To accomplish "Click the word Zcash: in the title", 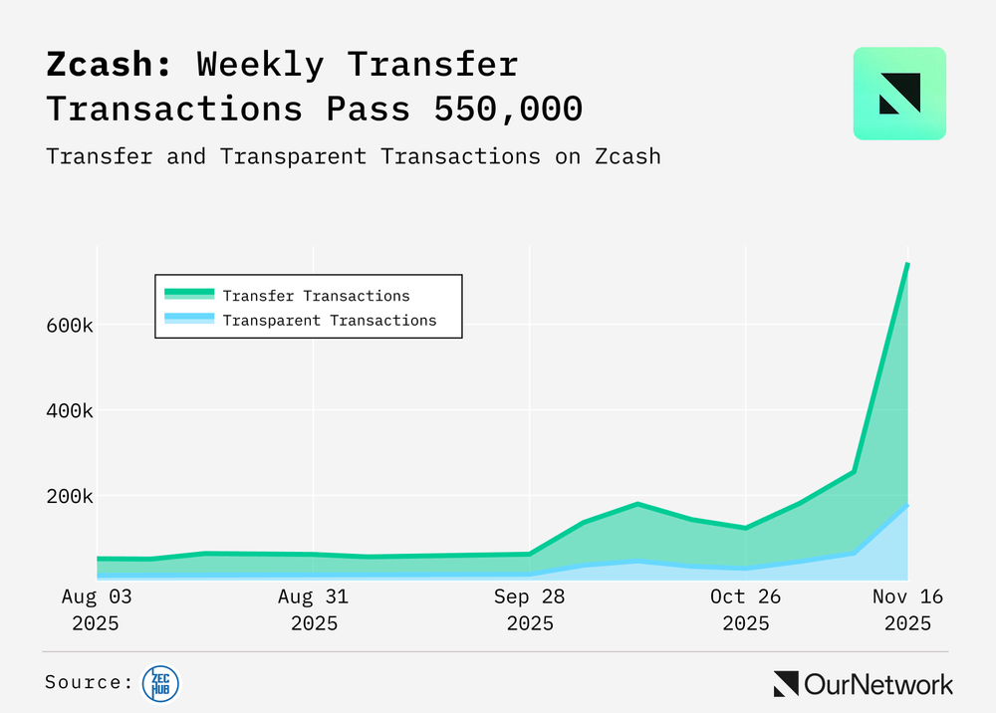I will coord(110,66).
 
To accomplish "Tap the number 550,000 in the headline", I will coord(508,107).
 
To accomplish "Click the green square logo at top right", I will coord(899,93).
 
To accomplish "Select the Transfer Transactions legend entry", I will coord(316,296).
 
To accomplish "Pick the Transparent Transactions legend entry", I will coord(329,321).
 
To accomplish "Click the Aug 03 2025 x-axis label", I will coord(96,609).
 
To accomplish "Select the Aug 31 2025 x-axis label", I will coord(314,609).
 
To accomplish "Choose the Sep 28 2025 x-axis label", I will coord(530,609).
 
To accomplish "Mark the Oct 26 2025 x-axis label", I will coord(746,609).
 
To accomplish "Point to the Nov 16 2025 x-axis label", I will coord(907,609).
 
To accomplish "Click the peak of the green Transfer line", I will coord(907,264).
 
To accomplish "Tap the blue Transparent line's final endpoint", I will coord(907,506).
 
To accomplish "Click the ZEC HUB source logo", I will coord(160,683).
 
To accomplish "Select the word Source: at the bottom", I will coord(89,683).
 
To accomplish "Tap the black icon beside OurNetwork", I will coord(786,684).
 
